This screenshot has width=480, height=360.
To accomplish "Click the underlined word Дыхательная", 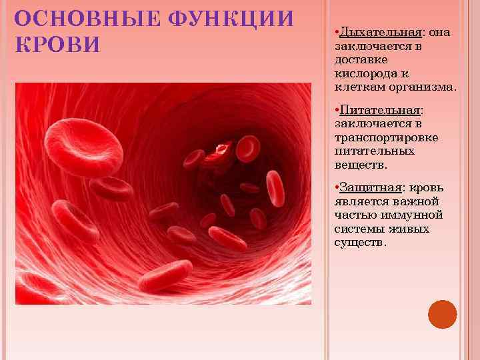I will [x=380, y=32].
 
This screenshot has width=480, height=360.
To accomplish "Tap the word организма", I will [x=427, y=87].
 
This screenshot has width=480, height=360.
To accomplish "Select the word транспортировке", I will [x=386, y=137].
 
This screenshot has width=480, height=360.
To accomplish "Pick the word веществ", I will [x=361, y=164].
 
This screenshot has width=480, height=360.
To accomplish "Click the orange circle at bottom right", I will [x=442, y=313].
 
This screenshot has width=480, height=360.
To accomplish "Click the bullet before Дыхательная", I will [x=337, y=33].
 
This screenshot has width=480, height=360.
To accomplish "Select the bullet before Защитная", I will [x=337, y=188].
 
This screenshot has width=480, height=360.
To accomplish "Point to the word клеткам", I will [x=357, y=87].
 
